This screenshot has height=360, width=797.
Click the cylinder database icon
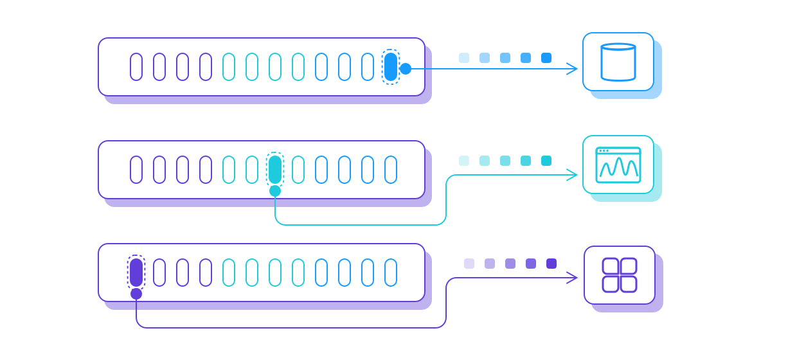tap(618, 62)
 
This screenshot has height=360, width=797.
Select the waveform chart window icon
tap(618, 165)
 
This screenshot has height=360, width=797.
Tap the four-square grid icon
tap(620, 275)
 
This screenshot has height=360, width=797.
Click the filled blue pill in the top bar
tap(391, 67)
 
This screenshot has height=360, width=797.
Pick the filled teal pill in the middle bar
tap(275, 170)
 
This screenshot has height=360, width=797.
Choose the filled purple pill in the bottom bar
tap(136, 273)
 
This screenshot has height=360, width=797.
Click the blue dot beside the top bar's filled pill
tap(406, 69)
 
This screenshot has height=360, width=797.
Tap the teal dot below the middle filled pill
tap(275, 191)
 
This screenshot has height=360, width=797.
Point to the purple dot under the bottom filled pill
tap(136, 294)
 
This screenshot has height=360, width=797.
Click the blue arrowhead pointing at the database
tap(573, 69)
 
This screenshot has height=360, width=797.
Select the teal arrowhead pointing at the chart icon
tap(573, 175)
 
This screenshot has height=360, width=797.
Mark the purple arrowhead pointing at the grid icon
tap(573, 278)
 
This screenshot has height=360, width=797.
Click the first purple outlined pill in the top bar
tap(136, 67)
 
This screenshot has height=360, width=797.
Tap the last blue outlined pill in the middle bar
tap(391, 170)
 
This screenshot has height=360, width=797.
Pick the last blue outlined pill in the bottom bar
tap(391, 273)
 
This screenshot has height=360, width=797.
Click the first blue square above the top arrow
tap(464, 58)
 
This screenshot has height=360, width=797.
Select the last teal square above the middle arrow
tap(546, 161)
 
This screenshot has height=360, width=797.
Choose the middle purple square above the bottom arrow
tap(510, 264)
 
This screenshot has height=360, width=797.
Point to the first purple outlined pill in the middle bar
tap(136, 170)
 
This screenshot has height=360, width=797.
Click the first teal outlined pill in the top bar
tap(229, 67)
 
